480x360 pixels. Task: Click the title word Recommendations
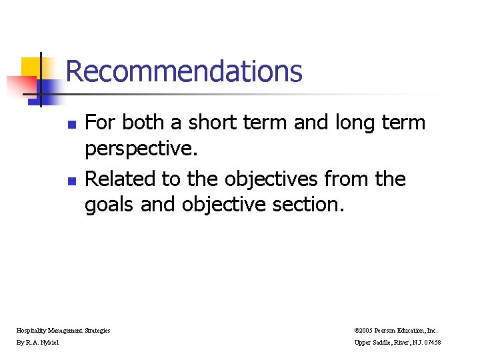[x=184, y=71]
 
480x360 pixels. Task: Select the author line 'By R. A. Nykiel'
[x=37, y=343]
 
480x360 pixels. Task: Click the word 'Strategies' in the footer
[x=97, y=330]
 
